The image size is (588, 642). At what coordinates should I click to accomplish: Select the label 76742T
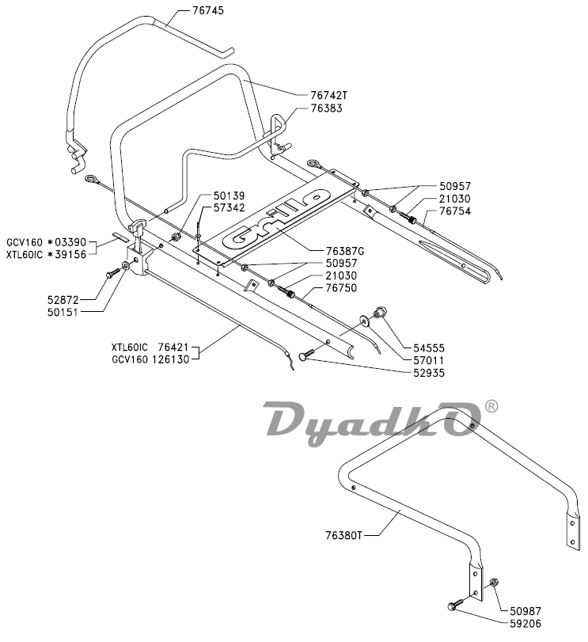point(328,95)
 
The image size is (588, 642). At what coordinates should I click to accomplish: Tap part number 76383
point(326,108)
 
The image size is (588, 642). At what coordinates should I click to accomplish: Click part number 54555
point(428,347)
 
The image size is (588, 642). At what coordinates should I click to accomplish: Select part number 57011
point(428,359)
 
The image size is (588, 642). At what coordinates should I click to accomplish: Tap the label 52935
point(428,372)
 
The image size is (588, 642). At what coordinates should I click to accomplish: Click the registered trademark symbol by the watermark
point(491,406)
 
